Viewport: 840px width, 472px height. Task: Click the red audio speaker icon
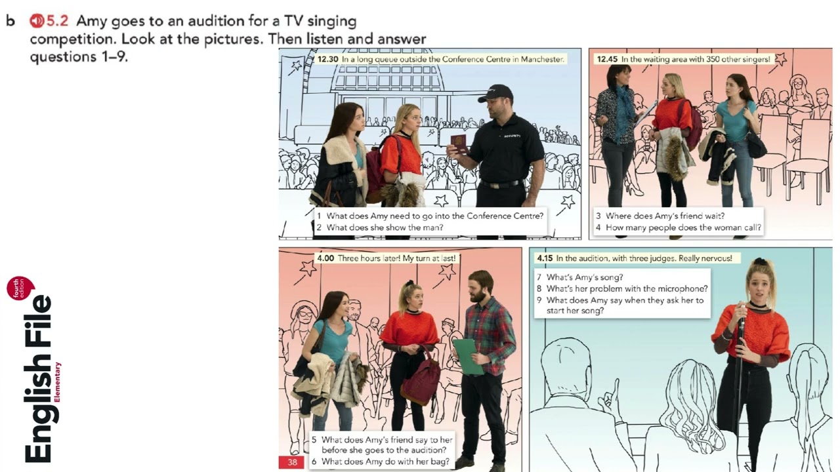37,21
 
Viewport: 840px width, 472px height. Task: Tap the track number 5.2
57,21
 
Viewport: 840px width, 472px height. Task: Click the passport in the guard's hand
458,144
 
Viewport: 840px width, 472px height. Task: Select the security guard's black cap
495,93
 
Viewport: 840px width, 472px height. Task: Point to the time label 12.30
327,59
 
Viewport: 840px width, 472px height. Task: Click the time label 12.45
607,59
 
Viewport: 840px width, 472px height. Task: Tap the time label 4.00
325,258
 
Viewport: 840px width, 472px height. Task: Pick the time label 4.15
545,258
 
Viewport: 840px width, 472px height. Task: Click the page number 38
292,462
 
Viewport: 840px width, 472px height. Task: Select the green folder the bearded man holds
468,356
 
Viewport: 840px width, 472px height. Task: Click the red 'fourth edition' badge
20,288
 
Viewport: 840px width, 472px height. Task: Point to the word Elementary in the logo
57,382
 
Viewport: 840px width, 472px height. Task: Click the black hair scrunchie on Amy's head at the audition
760,261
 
